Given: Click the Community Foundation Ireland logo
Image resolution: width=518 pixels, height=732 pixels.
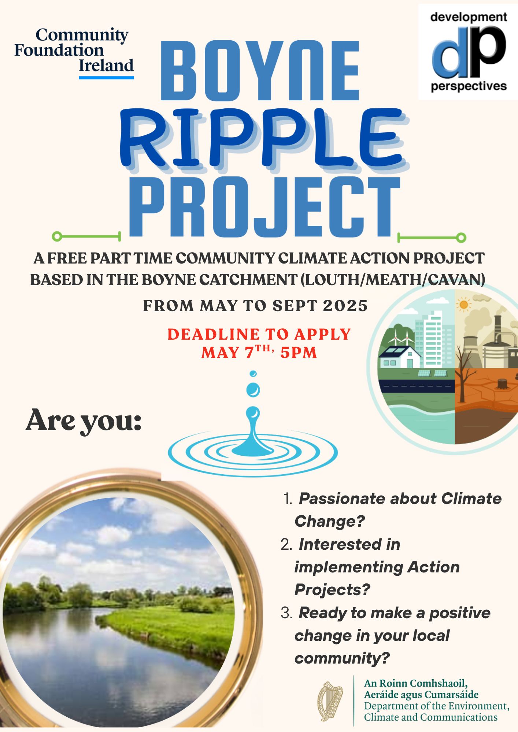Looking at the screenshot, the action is pyautogui.click(x=74, y=53).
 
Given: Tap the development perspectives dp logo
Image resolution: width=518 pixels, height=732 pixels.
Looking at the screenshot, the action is pyautogui.click(x=468, y=52).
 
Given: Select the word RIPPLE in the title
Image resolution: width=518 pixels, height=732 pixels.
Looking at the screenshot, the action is pyautogui.click(x=263, y=139).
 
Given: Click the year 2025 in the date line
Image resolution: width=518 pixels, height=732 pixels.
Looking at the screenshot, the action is pyautogui.click(x=345, y=306).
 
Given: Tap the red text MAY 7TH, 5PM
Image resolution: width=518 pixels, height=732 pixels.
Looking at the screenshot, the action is pyautogui.click(x=259, y=352).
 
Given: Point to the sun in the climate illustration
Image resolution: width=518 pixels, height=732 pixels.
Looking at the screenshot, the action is pyautogui.click(x=464, y=305).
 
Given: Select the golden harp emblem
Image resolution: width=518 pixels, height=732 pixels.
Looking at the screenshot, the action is pyautogui.click(x=330, y=701).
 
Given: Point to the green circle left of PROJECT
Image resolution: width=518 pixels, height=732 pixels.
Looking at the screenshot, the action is pyautogui.click(x=57, y=236).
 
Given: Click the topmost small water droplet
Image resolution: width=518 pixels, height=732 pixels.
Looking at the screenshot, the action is pyautogui.click(x=253, y=374).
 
